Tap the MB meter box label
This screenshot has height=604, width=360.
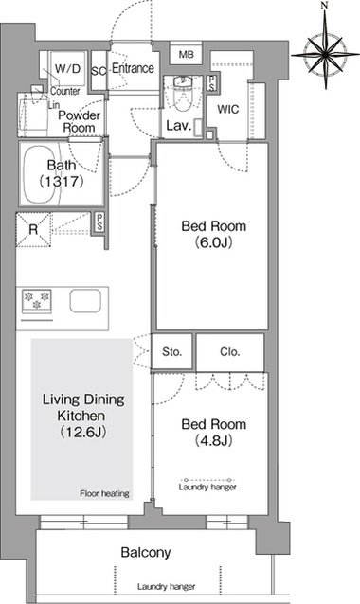tap(187, 55)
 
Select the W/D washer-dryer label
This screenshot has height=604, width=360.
tap(68, 69)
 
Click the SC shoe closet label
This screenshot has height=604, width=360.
tap(99, 72)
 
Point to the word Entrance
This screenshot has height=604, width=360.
tap(133, 68)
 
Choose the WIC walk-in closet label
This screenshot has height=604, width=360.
tap(227, 110)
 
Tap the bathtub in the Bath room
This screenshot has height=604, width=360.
tap(42, 174)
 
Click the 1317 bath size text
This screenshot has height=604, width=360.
tap(62, 182)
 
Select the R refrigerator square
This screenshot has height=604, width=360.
tap(33, 230)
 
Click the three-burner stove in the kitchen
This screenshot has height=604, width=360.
tap(36, 301)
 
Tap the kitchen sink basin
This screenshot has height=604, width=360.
tap(85, 301)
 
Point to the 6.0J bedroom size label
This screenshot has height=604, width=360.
tap(213, 242)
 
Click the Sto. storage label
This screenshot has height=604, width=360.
tap(171, 351)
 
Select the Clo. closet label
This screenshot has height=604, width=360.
tap(229, 351)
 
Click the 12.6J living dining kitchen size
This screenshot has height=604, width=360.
tap(83, 433)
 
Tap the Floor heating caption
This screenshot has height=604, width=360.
tap(104, 493)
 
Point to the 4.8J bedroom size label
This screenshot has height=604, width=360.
tap(213, 440)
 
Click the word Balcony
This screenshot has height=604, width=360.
tap(146, 553)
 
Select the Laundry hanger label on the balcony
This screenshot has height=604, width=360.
tap(166, 587)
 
